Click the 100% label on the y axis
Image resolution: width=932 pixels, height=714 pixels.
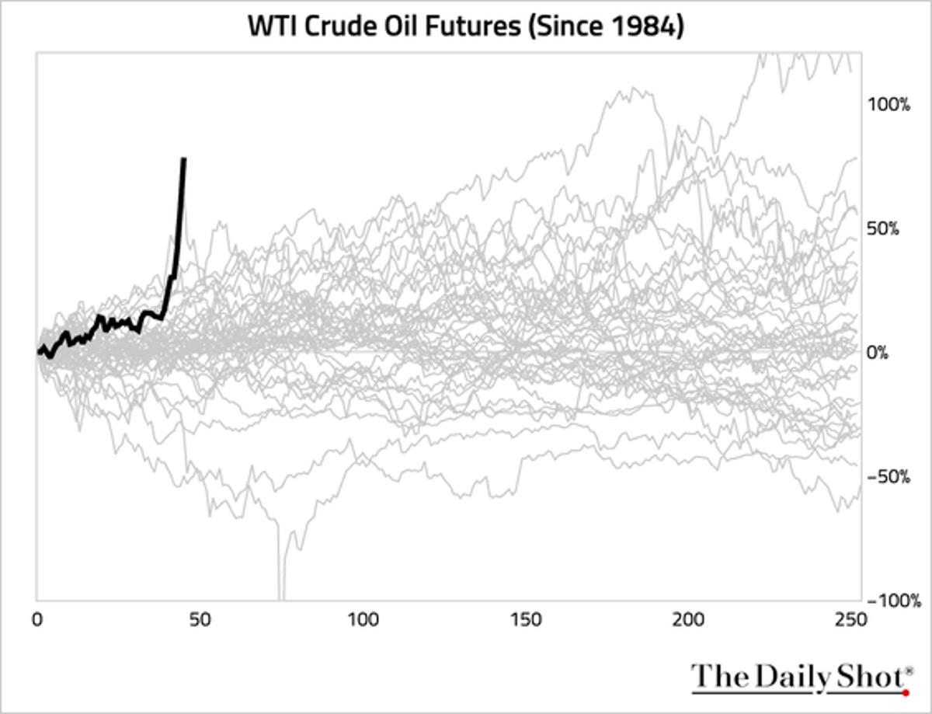[889, 105]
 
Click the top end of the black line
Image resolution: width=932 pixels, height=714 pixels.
[183, 159]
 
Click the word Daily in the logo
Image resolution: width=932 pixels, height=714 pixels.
[786, 676]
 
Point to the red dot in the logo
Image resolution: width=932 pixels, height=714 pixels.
[906, 691]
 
